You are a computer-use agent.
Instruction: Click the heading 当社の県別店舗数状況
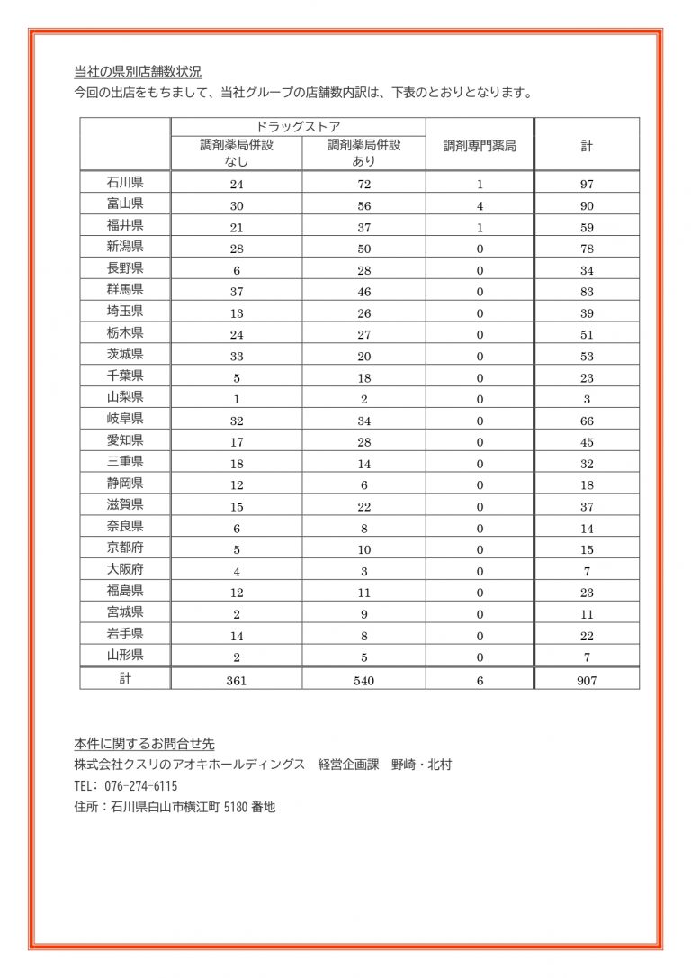coord(138,72)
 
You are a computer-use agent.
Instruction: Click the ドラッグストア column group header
coord(298,127)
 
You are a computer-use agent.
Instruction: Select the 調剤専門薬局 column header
coord(480,145)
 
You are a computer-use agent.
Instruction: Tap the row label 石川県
coord(125,183)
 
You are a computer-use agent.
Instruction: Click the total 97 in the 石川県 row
coord(587,184)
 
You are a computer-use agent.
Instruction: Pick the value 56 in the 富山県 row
coord(363,206)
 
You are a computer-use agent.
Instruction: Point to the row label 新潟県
coord(125,247)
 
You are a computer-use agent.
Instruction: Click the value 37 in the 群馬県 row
coord(237,292)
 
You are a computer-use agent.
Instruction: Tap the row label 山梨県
coord(125,397)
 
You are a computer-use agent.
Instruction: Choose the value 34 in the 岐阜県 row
coord(363,421)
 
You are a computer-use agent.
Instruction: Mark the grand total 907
coord(587,681)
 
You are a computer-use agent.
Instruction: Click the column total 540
coord(363,681)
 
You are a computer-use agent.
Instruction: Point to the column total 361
coord(237,681)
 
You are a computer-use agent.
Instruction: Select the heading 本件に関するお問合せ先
coord(144,744)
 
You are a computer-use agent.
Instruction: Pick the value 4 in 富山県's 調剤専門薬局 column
coord(480,206)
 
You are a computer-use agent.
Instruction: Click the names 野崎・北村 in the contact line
coord(421,765)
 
